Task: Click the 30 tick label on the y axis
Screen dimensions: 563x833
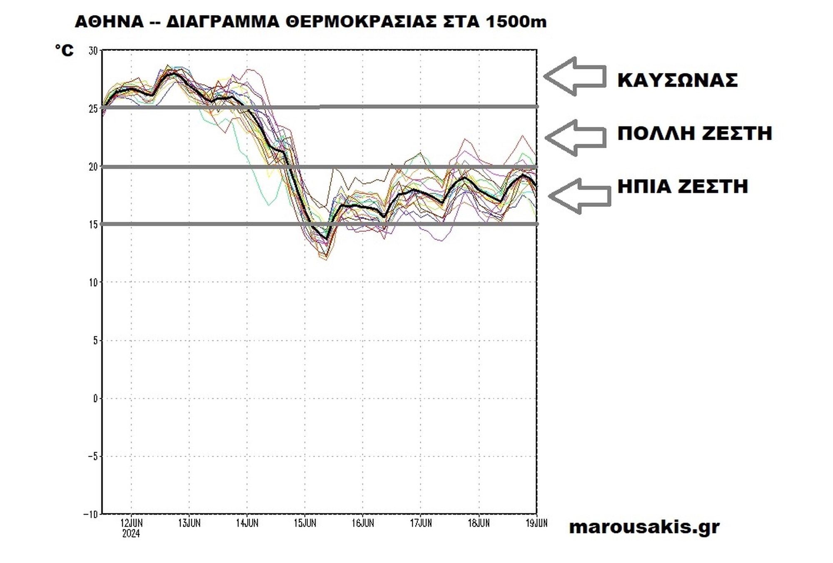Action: coord(93,51)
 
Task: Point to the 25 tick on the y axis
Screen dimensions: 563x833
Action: coord(93,109)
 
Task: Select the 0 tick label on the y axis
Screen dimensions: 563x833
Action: coord(95,399)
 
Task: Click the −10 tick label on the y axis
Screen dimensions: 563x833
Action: coord(91,514)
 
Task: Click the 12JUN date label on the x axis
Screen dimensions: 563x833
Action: coord(131,523)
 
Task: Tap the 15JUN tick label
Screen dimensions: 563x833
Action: coord(305,523)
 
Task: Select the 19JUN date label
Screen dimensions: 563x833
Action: coord(536,523)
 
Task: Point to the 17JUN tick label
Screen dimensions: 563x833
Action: coord(421,523)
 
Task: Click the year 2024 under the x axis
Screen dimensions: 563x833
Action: coord(131,534)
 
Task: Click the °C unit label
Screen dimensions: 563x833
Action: coord(65,50)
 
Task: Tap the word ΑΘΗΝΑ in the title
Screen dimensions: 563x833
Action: coord(109,22)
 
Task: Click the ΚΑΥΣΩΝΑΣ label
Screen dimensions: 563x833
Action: coord(677,80)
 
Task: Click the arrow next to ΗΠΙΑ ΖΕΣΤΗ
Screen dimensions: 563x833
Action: coord(580,196)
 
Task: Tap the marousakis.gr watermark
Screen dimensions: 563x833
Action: coord(644,527)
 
